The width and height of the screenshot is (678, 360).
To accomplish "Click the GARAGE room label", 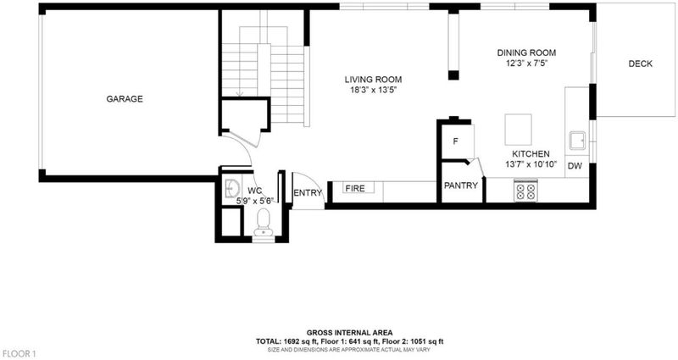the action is click(x=125, y=99).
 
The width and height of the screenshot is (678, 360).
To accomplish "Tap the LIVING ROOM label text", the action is click(x=373, y=80).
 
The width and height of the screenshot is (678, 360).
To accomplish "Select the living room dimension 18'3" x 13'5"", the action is click(x=373, y=91).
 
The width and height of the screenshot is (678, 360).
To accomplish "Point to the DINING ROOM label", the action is click(x=526, y=53).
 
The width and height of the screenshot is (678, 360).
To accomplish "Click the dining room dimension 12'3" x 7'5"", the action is click(x=526, y=64).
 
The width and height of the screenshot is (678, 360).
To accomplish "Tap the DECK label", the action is click(x=641, y=64).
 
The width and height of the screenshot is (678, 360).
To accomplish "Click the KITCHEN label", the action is click(x=531, y=154).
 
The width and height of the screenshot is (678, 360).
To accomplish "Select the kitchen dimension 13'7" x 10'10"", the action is click(x=531, y=164).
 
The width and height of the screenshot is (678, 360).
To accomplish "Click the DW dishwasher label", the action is click(x=575, y=166).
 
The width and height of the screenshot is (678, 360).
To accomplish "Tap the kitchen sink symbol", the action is click(x=577, y=141).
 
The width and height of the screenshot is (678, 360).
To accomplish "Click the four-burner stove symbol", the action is click(x=525, y=191).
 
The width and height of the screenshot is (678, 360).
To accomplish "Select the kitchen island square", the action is click(x=519, y=130).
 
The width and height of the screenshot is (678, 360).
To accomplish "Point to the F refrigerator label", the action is click(x=455, y=141).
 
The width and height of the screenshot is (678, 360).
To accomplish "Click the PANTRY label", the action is click(x=461, y=186).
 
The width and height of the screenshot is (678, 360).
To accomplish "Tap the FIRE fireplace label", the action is click(x=355, y=188).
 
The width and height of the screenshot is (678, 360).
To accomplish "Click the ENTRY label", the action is click(x=308, y=193).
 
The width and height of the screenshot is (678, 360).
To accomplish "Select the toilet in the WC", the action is click(x=264, y=222).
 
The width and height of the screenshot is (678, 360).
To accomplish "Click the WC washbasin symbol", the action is click(x=232, y=189).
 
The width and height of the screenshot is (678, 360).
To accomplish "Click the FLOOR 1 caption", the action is click(x=18, y=354).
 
